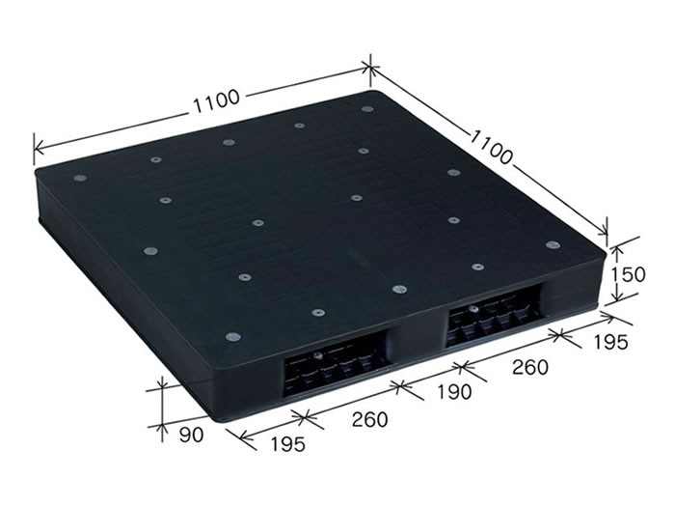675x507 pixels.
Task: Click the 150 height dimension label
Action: tap(629, 274)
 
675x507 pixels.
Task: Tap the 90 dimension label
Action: tap(192, 435)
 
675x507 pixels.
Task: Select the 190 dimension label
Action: tap(453, 392)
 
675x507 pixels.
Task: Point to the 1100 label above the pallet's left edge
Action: tap(218, 99)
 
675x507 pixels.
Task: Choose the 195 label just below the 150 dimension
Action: tap(609, 341)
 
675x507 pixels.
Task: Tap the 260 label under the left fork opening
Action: tap(369, 420)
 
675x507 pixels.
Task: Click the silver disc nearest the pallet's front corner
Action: tap(232, 337)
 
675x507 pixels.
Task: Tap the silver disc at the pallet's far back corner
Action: tap(367, 109)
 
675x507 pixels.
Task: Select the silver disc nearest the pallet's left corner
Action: tap(80, 178)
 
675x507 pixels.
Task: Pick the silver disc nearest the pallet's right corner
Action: tap(552, 244)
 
